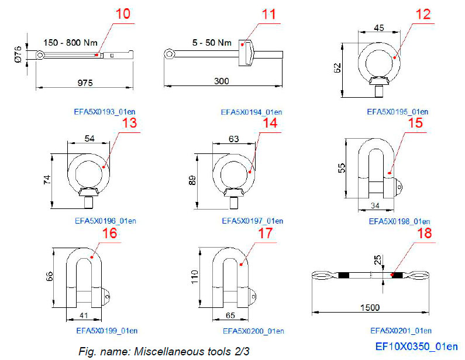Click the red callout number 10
click(x=123, y=14)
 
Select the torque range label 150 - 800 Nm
click(x=71, y=43)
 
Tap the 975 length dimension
click(x=85, y=83)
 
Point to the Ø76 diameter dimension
click(x=18, y=54)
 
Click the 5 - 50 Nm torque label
click(x=212, y=43)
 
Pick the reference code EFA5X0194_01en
click(x=252, y=112)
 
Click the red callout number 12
click(x=423, y=14)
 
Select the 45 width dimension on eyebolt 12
click(x=379, y=28)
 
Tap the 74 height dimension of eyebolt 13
click(x=47, y=180)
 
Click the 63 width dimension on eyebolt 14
click(x=234, y=139)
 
